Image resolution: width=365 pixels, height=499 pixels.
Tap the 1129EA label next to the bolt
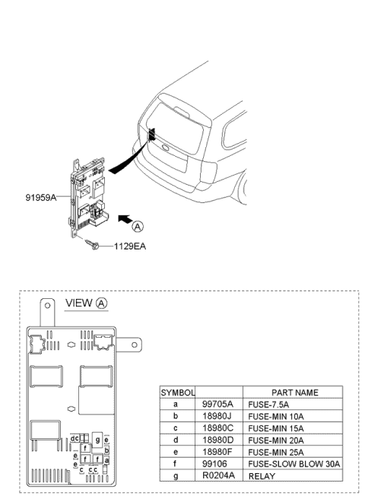pyautogui.click(x=132, y=246)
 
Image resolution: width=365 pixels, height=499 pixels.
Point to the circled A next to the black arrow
pyautogui.click(x=136, y=226)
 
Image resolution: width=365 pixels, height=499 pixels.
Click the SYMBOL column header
pyautogui.click(x=177, y=393)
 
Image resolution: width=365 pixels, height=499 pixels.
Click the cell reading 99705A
pyautogui.click(x=219, y=404)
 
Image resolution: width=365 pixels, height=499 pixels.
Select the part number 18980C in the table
pyautogui.click(x=219, y=428)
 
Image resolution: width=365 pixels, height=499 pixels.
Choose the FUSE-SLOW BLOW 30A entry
pyautogui.click(x=293, y=463)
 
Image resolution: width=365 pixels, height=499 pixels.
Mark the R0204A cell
pyautogui.click(x=219, y=475)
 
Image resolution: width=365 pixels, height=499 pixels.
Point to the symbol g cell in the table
pyautogui.click(x=177, y=475)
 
